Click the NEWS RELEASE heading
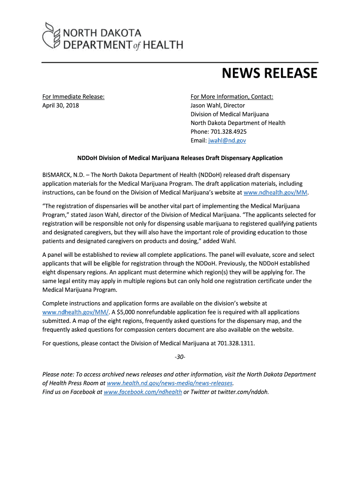click(x=269, y=73)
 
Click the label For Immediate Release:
click(x=73, y=96)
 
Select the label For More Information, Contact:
click(x=232, y=96)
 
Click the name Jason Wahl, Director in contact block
click(x=217, y=105)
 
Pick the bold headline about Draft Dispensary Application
click(x=180, y=158)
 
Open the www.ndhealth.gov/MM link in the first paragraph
click(x=276, y=192)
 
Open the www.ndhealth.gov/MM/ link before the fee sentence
click(x=76, y=312)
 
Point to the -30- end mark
click(x=180, y=357)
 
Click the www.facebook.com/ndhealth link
click(x=143, y=392)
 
